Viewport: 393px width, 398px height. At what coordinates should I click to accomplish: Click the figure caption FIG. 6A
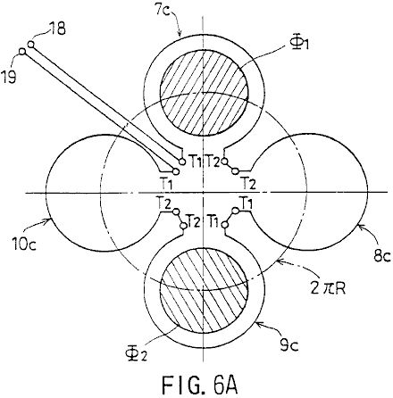200,385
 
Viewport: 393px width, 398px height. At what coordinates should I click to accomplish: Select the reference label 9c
288,345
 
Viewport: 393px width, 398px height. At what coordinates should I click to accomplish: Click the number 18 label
56,30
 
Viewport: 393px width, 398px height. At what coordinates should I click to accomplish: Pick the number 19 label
10,78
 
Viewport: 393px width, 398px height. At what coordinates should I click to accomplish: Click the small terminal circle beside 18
31,45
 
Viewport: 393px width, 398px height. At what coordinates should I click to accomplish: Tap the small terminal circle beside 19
22,52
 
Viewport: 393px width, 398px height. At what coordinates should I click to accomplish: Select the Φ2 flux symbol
136,354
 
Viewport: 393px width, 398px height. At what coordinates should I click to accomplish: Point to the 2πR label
328,288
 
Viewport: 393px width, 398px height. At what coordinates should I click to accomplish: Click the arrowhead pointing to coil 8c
359,228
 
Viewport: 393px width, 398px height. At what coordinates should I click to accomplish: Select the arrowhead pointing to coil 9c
258,323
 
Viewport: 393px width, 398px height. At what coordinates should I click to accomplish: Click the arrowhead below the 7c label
180,34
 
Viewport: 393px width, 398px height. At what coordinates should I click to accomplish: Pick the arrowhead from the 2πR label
279,261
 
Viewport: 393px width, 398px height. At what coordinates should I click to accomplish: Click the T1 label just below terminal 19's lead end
167,184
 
